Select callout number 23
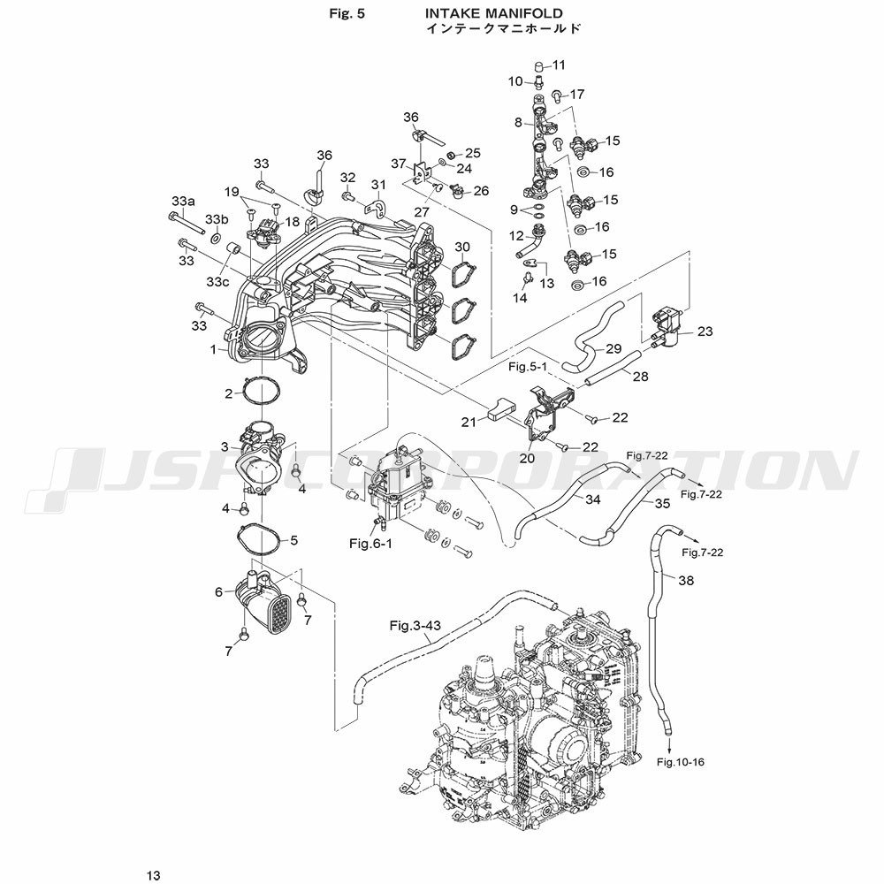(705, 331)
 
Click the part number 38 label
(686, 581)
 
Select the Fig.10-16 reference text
(681, 761)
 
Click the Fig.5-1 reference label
(528, 365)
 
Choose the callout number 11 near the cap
(559, 65)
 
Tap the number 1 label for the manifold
(213, 350)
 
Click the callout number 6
(218, 591)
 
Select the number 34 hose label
(592, 499)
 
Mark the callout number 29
(613, 348)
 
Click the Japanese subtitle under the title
(504, 29)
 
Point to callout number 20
(527, 458)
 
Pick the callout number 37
(398, 163)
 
